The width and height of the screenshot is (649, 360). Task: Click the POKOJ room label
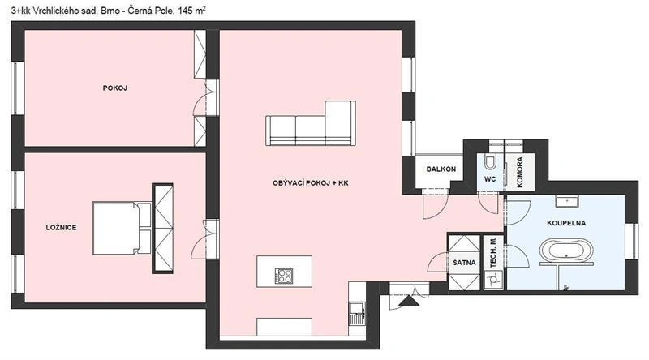pyautogui.click(x=116, y=88)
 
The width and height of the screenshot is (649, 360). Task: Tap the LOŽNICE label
pyautogui.click(x=62, y=228)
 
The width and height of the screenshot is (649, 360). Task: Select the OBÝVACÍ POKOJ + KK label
pyautogui.click(x=311, y=184)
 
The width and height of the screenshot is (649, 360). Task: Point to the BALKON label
pyautogui.click(x=441, y=169)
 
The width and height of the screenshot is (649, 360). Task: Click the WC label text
pyautogui.click(x=490, y=178)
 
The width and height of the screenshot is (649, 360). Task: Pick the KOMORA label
pyautogui.click(x=519, y=171)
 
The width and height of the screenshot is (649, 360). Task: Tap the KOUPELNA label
pyautogui.click(x=566, y=221)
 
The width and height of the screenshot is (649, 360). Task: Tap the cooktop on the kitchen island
pyautogui.click(x=284, y=275)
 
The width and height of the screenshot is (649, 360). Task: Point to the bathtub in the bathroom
pyautogui.click(x=567, y=253)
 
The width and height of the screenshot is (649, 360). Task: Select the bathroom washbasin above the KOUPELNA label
pyautogui.click(x=566, y=200)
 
